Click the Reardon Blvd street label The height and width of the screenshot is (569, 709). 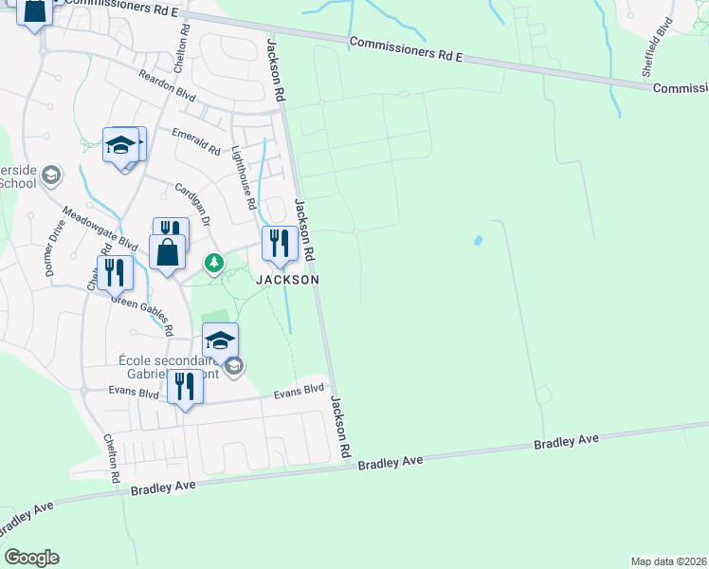coord(167,86)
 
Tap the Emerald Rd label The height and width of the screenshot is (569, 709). coord(196,142)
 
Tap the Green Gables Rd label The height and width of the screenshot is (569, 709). coord(142,314)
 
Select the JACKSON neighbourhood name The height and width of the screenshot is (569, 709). coord(287,280)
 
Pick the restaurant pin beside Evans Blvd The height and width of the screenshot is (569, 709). coord(185,386)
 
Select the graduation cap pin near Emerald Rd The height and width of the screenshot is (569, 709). coord(121,145)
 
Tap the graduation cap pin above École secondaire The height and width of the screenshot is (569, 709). coord(220,340)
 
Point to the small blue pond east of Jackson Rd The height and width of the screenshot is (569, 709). coord(478,240)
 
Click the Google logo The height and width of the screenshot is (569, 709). coord(31,558)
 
